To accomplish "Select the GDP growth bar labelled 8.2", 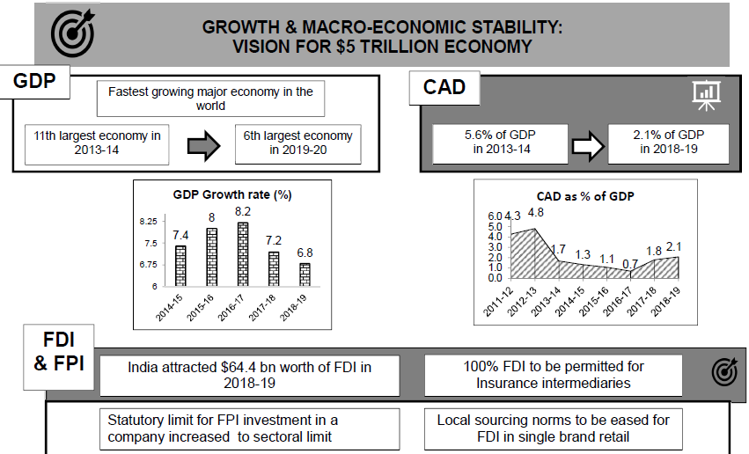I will [x=242, y=254].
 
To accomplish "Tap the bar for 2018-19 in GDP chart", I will [x=305, y=275].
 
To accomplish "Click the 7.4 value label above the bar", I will [x=180, y=235].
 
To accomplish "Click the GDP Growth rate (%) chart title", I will [x=231, y=194].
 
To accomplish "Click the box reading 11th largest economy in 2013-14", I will [x=97, y=143].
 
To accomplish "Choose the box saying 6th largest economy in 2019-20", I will [x=298, y=143].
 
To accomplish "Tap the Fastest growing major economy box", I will [x=210, y=99].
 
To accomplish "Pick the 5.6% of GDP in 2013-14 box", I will [x=500, y=143].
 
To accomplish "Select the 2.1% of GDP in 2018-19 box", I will [x=669, y=143].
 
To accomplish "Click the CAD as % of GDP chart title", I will [x=585, y=196].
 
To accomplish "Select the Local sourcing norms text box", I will [x=553, y=428].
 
